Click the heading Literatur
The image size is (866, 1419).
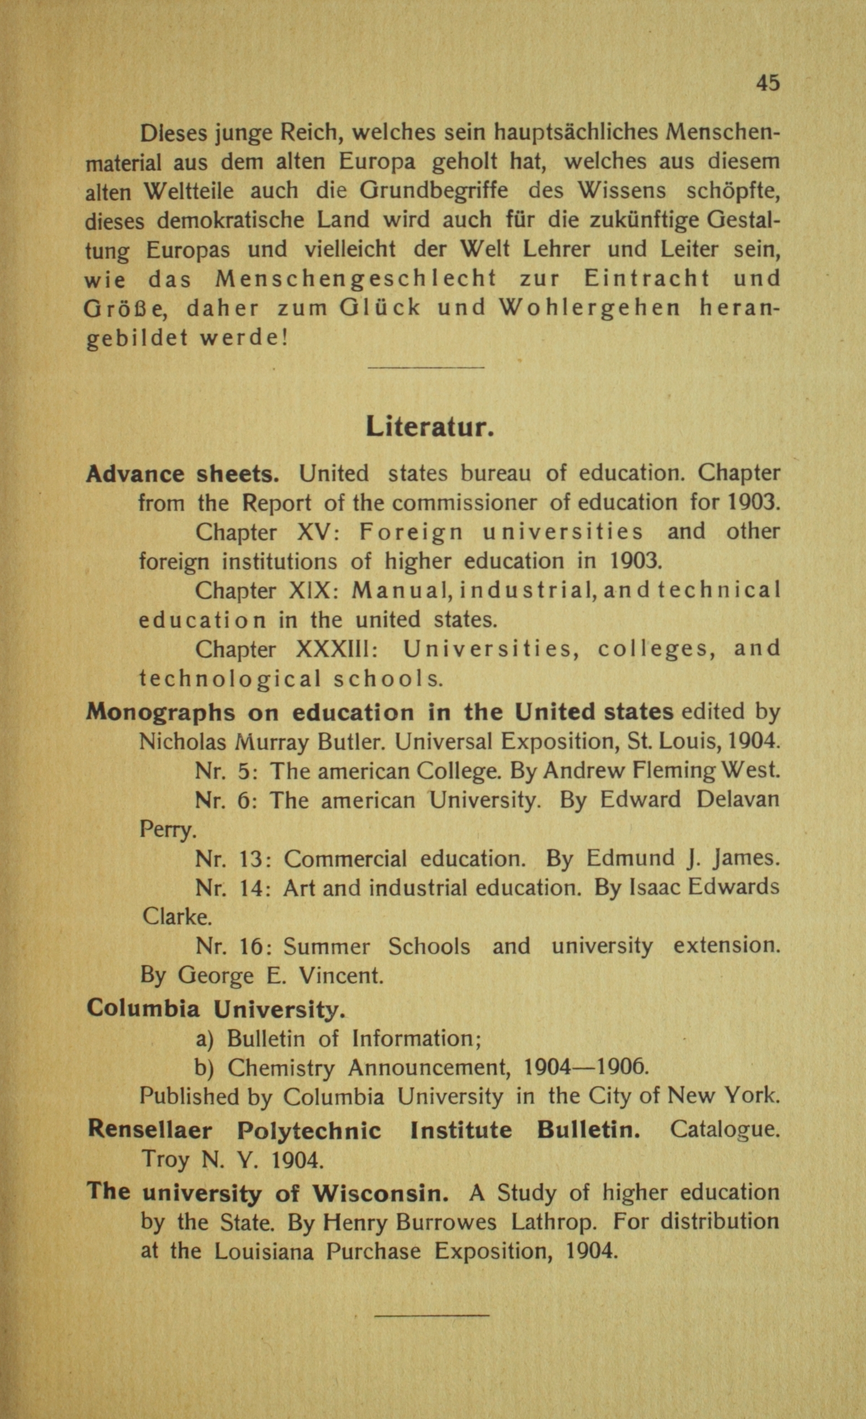pos(429,427)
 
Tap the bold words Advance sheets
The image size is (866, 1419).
pos(182,474)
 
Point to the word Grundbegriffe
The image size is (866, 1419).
pos(434,191)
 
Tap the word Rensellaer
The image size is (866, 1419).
pos(150,1130)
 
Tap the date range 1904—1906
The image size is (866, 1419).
pos(584,1068)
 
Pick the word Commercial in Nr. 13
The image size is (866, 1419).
pos(345,859)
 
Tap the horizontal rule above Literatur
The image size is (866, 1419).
pos(425,368)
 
